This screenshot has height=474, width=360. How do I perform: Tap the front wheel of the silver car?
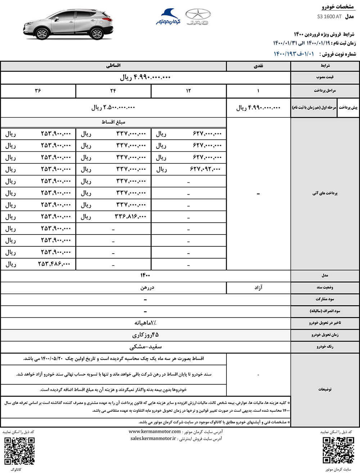42,33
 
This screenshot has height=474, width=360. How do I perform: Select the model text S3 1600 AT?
329,17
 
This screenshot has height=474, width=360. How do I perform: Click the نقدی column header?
258,66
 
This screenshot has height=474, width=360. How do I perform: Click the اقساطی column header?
113,66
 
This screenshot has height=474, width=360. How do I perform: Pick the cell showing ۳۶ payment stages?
38,91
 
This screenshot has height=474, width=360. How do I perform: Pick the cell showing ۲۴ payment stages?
113,91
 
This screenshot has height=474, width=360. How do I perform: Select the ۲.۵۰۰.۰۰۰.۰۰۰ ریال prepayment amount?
113,107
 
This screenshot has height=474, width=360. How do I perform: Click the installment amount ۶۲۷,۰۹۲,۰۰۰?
206,169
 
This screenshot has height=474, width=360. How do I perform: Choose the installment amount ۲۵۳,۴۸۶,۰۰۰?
54,264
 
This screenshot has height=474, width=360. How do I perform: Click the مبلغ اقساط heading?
113,122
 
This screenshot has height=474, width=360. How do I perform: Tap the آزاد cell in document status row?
258,287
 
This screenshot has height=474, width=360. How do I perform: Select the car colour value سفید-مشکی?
145,347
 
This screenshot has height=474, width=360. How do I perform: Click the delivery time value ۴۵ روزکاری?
145,335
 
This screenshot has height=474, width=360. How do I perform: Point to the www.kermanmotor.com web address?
154,431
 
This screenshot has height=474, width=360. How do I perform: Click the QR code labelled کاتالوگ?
19,451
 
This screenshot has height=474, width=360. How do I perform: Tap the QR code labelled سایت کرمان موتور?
338,450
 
